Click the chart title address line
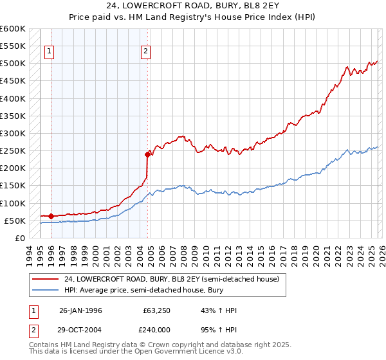[192, 7]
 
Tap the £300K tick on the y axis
[13, 133]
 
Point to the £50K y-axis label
[15, 221]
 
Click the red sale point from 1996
[51, 216]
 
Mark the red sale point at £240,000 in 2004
[147, 154]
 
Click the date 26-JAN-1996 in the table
[80, 310]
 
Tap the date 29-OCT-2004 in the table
[80, 329]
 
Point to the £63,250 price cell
[156, 310]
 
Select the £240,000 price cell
[156, 329]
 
